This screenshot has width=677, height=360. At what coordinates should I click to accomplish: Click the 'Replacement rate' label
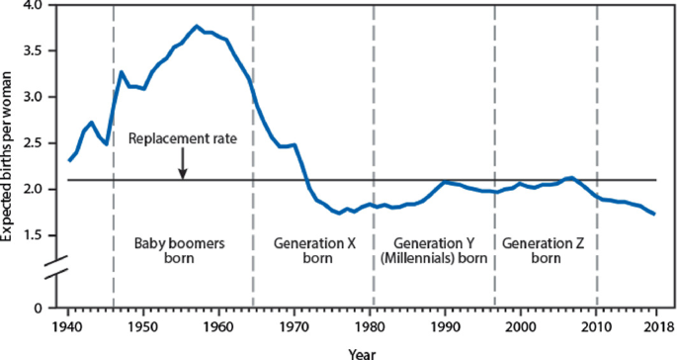point(183,138)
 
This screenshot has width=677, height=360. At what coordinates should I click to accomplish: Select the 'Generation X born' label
point(313,252)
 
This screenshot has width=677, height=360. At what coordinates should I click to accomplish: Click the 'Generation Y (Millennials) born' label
point(434,252)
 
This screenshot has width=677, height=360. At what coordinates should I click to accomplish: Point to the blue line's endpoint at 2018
point(653,214)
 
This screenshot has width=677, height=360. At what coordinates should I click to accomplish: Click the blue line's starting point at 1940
point(68,159)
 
